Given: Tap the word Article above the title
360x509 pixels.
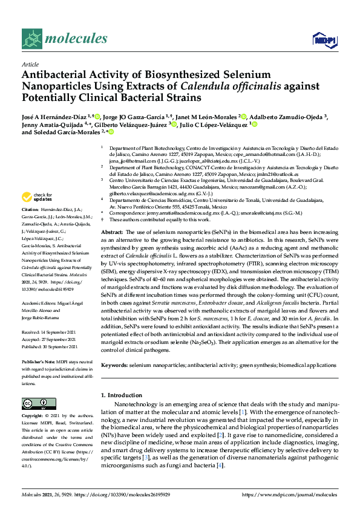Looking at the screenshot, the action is [x=30, y=64].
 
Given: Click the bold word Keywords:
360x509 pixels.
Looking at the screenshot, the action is [x=115, y=365].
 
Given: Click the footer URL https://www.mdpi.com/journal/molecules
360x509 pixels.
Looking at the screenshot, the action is [x=290, y=495].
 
